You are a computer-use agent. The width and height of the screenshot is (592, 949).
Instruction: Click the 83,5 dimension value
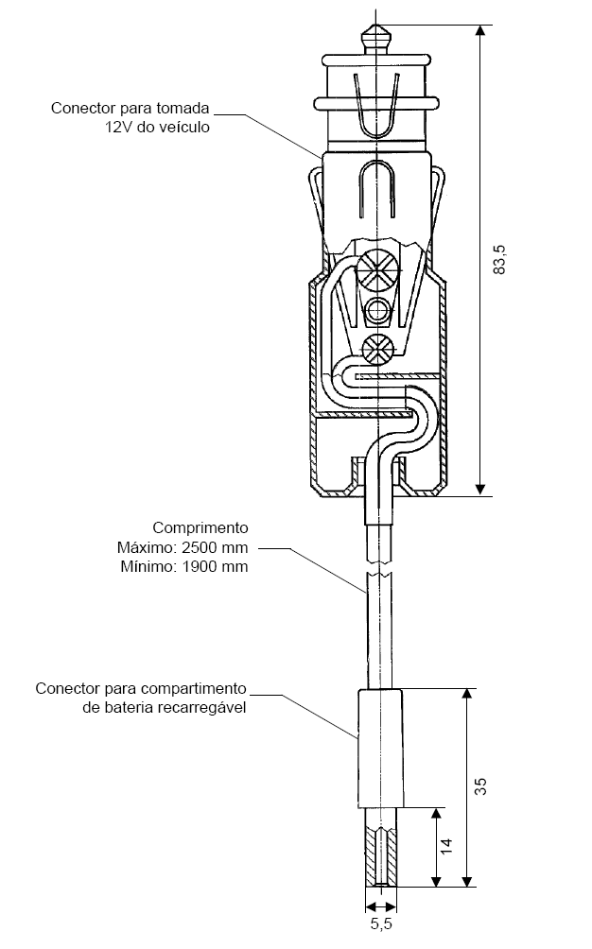pyautogui.click(x=499, y=260)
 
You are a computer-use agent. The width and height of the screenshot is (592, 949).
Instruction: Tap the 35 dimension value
pyautogui.click(x=480, y=786)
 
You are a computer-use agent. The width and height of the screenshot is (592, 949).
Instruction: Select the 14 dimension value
pyautogui.click(x=445, y=846)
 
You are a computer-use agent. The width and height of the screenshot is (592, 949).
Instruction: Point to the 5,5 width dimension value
pyautogui.click(x=381, y=923)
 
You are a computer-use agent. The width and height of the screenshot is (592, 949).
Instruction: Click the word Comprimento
pyautogui.click(x=200, y=527)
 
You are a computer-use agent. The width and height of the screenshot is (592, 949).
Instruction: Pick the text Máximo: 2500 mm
pyautogui.click(x=183, y=547)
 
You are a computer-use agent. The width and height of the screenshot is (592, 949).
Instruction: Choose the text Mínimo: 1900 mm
pyautogui.click(x=184, y=567)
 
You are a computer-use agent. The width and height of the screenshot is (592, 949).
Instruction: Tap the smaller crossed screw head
pyautogui.click(x=377, y=350)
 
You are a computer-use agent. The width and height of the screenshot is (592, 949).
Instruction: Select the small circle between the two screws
pyautogui.click(x=377, y=311)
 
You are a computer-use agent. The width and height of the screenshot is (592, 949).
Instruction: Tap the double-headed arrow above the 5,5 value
pyautogui.click(x=381, y=906)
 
